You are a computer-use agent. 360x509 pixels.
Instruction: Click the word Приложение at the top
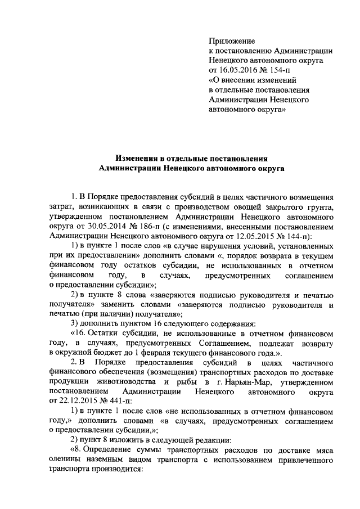click(232, 41)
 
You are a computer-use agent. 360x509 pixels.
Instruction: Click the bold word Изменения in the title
click(139, 158)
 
